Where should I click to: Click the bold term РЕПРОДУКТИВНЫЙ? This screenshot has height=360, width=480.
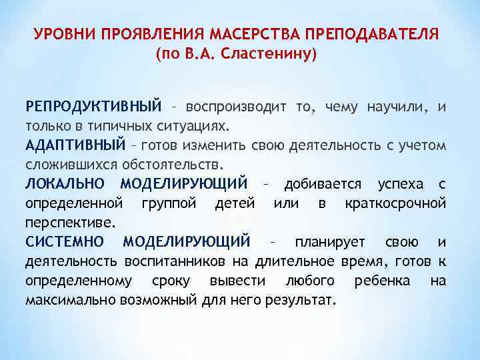(93, 107)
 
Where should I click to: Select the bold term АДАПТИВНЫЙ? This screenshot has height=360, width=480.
(75, 145)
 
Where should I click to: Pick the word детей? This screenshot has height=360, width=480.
(234, 202)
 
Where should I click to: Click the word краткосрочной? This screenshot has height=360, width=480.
(395, 202)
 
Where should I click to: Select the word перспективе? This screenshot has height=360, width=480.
(70, 221)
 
